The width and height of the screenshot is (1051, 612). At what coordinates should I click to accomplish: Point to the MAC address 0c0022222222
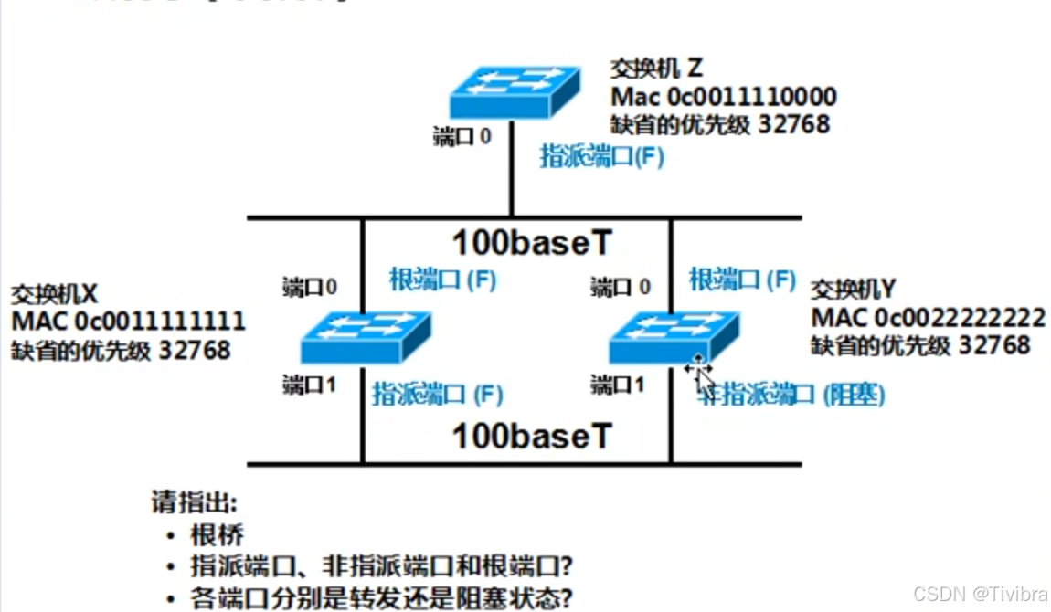[960, 317]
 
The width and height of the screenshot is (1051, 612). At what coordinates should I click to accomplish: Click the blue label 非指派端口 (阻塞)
[791, 395]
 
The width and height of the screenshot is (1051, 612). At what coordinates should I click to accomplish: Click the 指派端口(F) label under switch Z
[601, 156]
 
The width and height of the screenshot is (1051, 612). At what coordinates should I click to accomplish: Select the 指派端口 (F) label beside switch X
[437, 395]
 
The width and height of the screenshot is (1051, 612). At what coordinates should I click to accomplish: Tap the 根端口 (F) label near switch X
[442, 280]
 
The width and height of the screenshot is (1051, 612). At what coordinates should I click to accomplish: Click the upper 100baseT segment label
[532, 244]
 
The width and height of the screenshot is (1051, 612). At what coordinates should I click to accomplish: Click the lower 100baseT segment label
[532, 436]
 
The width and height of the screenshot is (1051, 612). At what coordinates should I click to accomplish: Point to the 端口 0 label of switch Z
[462, 138]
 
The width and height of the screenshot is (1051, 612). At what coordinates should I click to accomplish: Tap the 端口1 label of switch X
[310, 385]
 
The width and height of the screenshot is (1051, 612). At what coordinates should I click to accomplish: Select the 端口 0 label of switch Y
[621, 288]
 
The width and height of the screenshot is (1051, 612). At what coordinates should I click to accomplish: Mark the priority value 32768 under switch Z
[794, 123]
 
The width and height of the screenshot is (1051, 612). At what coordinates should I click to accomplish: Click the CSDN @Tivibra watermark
[982, 593]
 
